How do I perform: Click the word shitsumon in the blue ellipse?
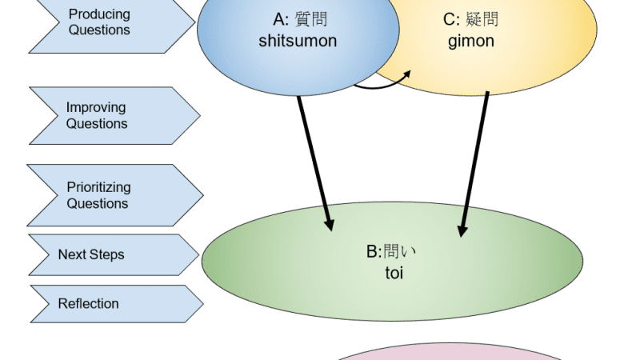click(x=298, y=41)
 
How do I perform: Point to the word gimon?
click(x=471, y=41)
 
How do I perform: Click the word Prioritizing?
click(x=99, y=187)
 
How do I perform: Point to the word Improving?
click(x=96, y=107)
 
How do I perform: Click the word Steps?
click(x=108, y=254)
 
